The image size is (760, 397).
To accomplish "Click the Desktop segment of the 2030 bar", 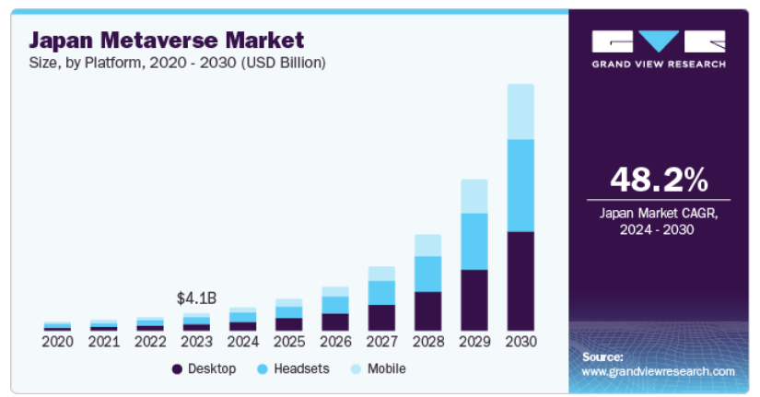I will point(520,281).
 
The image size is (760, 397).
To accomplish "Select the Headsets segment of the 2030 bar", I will point(520,185).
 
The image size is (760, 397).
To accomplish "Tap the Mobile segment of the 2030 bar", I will point(520,111).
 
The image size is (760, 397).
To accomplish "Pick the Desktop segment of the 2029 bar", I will point(474,300).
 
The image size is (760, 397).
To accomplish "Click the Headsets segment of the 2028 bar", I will point(427,274).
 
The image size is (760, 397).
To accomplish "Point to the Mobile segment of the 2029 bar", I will point(474,196).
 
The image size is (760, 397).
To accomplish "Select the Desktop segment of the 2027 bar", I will point(381,318).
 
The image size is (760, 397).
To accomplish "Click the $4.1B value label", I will point(195,298).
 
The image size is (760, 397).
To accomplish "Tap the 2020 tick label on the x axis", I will point(57,342).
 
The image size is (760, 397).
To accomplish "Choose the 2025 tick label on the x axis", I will point(288,342).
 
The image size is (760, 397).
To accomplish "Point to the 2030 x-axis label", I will point(520,342).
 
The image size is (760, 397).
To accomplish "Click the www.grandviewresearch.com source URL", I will point(658,371).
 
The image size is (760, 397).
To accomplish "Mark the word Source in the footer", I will point(602,356).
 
